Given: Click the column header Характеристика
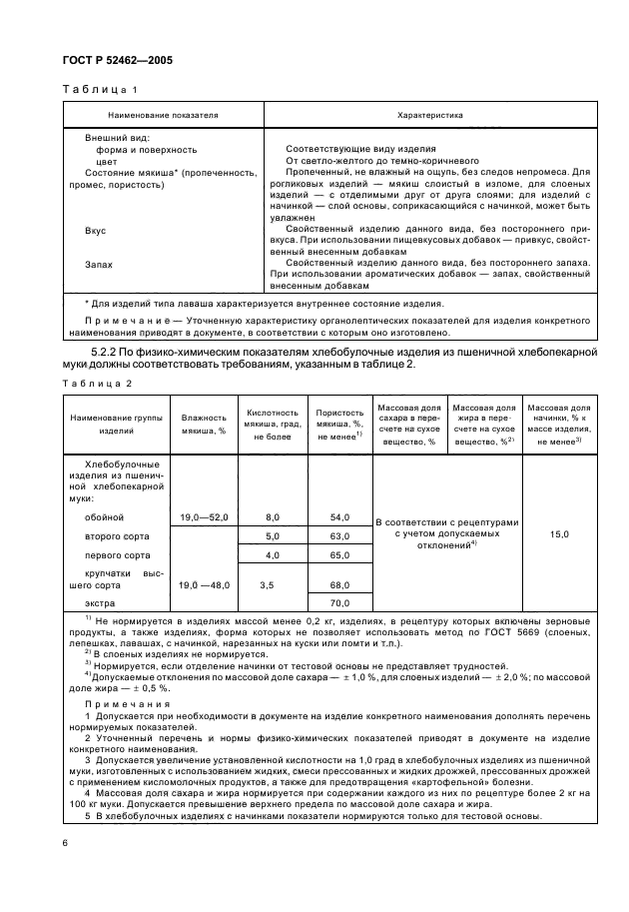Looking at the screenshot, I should (x=430, y=115).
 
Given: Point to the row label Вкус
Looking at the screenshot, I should (x=96, y=231).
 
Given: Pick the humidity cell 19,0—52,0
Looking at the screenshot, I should (x=204, y=516).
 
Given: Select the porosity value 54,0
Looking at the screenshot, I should (x=339, y=516).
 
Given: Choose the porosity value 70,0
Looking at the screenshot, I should (x=339, y=604).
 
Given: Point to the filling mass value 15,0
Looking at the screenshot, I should (x=559, y=534).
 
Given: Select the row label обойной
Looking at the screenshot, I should (x=105, y=516).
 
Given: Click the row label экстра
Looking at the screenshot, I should (x=101, y=604).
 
